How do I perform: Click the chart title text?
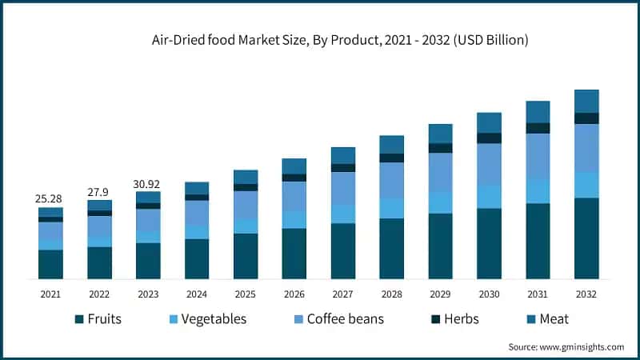point(340,38)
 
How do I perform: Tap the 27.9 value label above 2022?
point(99,192)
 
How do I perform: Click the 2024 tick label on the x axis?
point(197,294)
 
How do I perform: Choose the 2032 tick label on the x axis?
point(586,294)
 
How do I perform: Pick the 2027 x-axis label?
point(343,294)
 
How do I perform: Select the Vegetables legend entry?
point(204,319)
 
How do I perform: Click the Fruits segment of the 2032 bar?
point(586,238)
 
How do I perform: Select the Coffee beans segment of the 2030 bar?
point(489,164)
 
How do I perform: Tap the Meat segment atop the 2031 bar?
point(538,111)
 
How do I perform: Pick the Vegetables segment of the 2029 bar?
point(440,202)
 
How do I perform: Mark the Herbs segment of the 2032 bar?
point(586,118)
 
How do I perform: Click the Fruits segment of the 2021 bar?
point(50,264)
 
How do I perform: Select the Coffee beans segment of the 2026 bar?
point(294,196)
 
